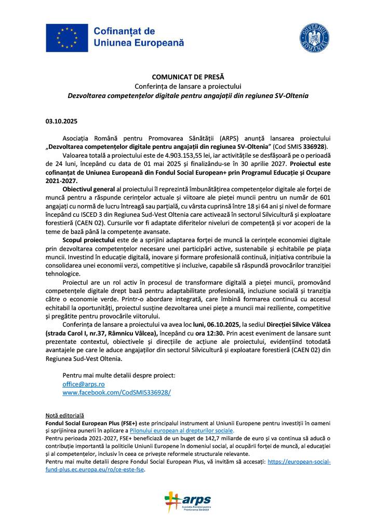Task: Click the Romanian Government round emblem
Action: point(314,38)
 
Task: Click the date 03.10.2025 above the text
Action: point(61,122)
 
